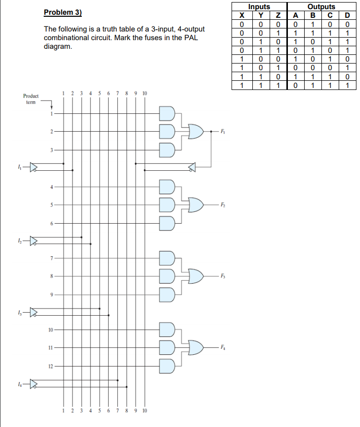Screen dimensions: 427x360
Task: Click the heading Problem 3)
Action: (63, 12)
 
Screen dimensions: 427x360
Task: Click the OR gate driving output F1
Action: (195, 131)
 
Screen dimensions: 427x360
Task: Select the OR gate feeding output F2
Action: (195, 204)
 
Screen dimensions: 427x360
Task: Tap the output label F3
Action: (222, 276)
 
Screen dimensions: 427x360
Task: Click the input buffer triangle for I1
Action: (34, 166)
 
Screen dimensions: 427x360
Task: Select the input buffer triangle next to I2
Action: (34, 240)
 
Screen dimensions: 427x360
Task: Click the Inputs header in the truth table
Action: (259, 7)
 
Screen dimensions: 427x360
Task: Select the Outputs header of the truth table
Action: (321, 7)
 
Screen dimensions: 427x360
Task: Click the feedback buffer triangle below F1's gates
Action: (191, 166)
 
